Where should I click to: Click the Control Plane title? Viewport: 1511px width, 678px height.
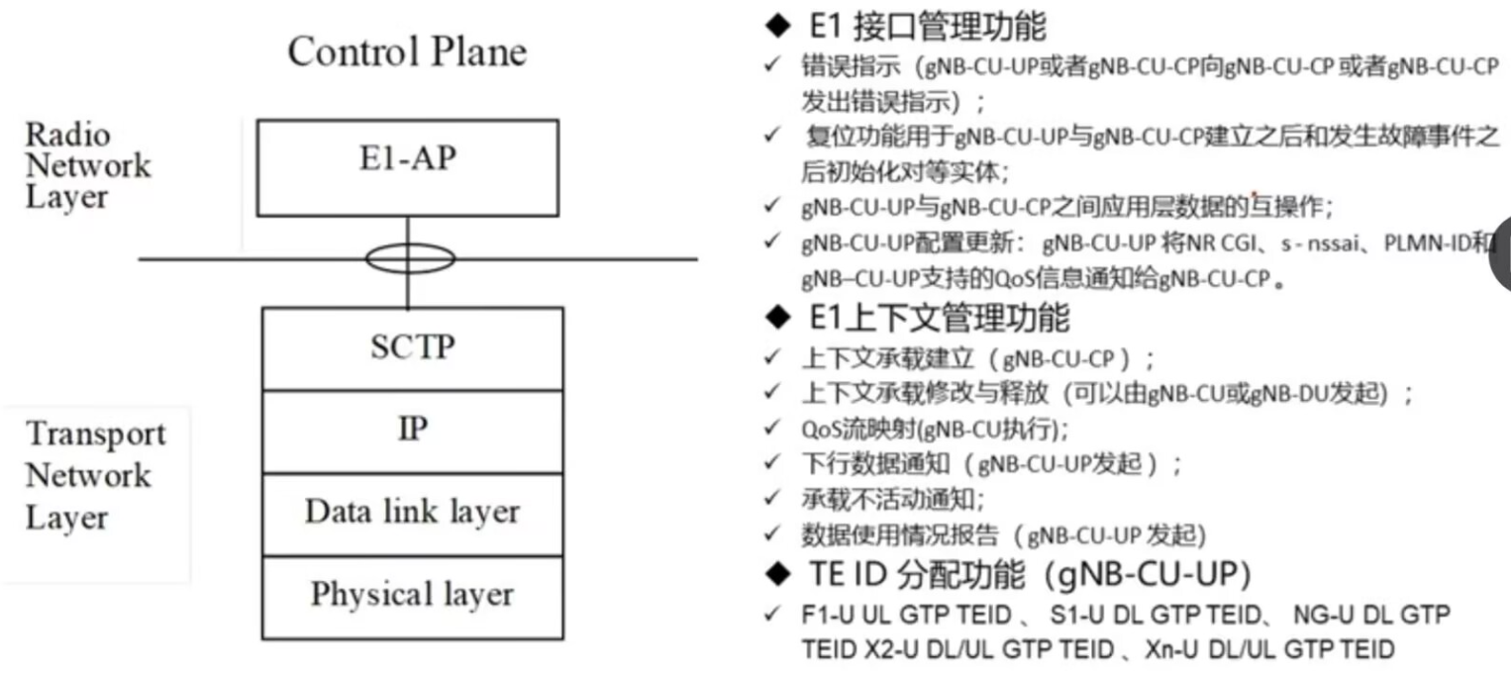tap(407, 51)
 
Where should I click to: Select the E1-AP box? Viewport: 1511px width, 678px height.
tap(407, 159)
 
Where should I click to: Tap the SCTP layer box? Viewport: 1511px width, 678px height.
tap(412, 347)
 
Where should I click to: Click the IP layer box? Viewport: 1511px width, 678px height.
tap(412, 431)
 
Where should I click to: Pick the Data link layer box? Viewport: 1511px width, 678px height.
tap(412, 513)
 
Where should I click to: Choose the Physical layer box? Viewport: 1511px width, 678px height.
tap(412, 595)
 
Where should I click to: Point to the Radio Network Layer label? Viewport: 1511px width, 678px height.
tap(87, 165)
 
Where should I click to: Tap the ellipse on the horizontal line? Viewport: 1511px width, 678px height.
tap(409, 259)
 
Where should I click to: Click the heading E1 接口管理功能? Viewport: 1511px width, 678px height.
tap(926, 27)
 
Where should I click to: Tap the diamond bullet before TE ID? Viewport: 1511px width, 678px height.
tap(780, 574)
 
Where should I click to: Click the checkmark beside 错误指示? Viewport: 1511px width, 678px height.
tap(771, 66)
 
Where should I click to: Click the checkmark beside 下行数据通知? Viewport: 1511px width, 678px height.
tap(771, 463)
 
